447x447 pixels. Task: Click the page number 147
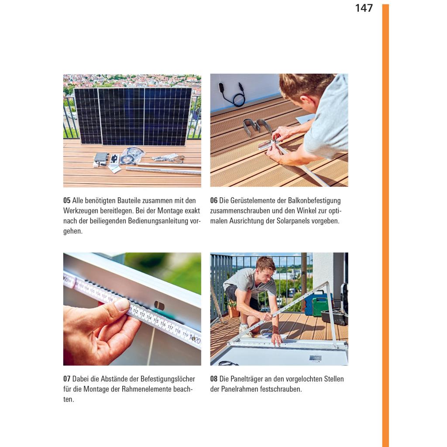(x=364, y=8)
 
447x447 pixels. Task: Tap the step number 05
(x=67, y=200)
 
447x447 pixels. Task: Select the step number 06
(x=214, y=200)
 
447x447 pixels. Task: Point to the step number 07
(x=67, y=379)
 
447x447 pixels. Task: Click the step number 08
(x=214, y=379)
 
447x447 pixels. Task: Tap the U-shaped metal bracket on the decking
(x=257, y=127)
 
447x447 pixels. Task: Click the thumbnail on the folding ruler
(x=122, y=304)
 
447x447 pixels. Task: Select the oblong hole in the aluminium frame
(x=159, y=306)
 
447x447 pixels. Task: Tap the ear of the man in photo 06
(x=304, y=100)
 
